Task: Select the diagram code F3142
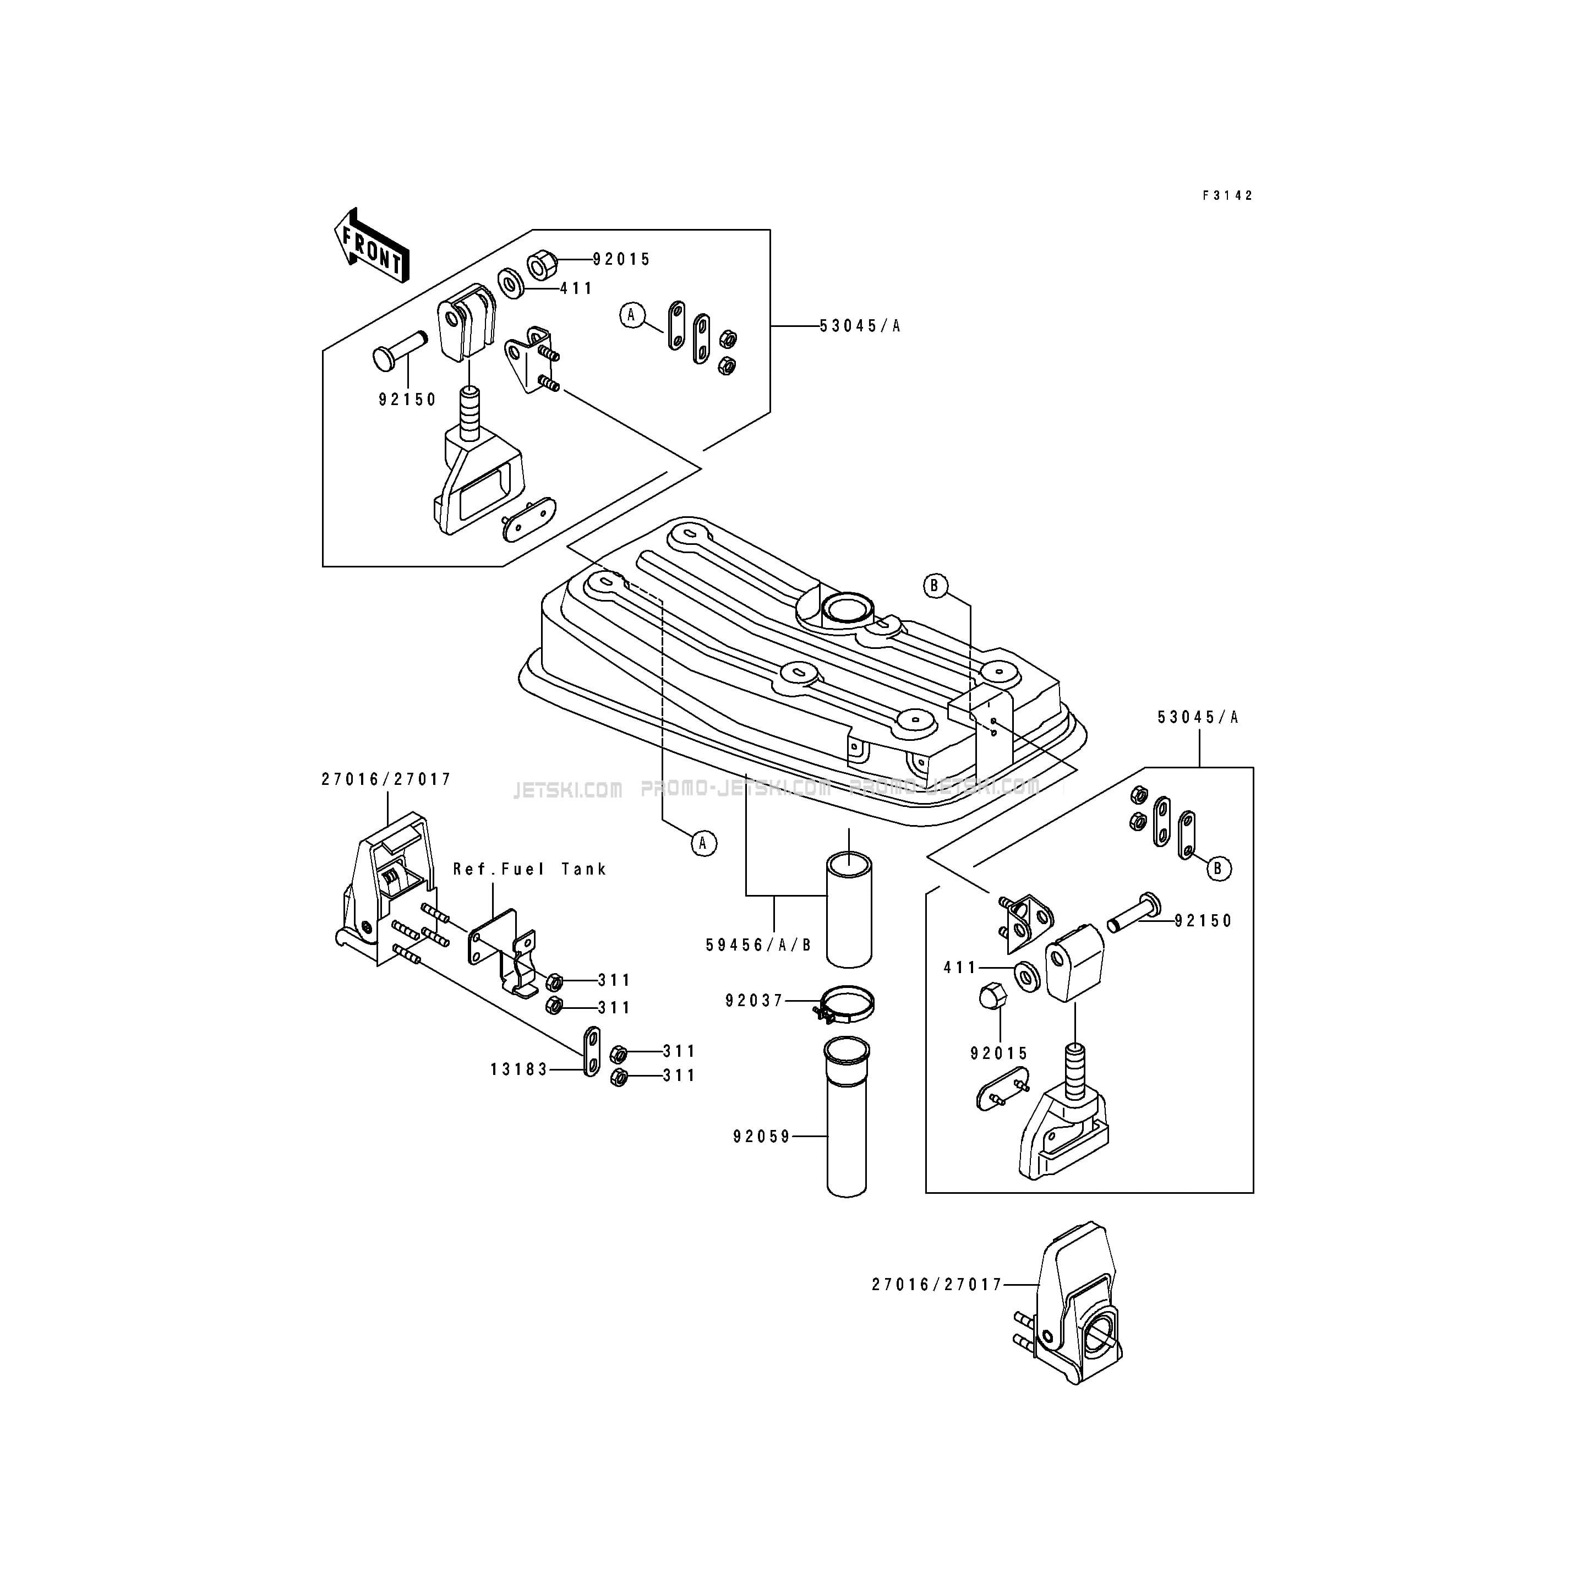(1227, 196)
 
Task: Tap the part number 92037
(754, 1001)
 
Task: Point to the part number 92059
(761, 1136)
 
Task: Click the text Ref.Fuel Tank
(530, 869)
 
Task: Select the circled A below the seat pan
(703, 843)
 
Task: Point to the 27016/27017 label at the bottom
(936, 1285)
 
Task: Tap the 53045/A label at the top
(860, 326)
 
